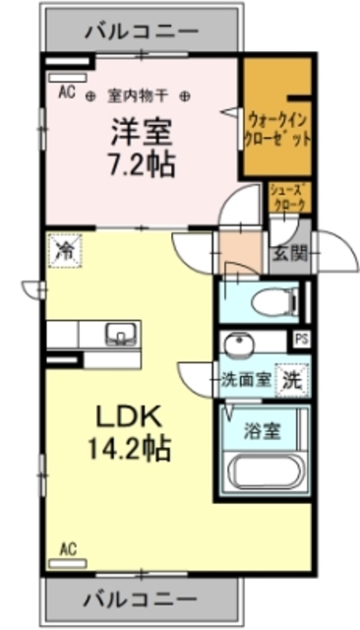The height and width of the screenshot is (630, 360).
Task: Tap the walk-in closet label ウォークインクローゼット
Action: [278, 128]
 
